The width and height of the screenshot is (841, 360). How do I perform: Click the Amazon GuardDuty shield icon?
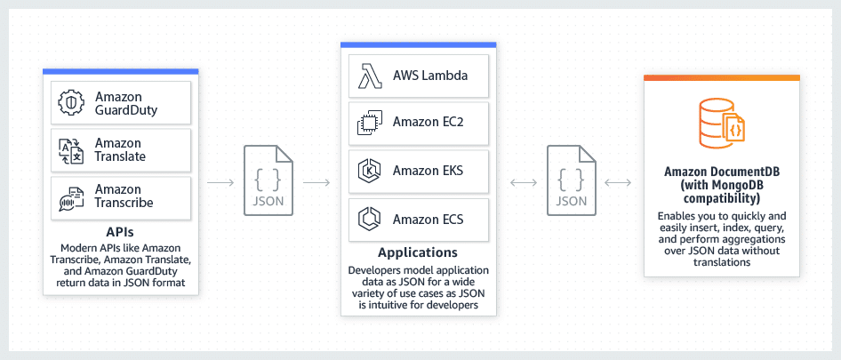(70, 102)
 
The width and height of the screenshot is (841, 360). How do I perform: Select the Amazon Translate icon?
(70, 149)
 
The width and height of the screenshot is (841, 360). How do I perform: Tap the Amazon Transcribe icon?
(70, 196)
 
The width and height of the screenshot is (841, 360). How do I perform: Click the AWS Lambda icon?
(368, 75)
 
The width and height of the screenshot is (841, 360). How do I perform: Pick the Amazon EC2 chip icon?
(368, 123)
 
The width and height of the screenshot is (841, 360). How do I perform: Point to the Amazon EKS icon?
(368, 171)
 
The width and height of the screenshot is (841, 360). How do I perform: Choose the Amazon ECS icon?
(368, 219)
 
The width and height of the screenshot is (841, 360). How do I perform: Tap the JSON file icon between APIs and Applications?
(268, 181)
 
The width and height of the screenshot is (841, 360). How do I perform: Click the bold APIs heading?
(120, 232)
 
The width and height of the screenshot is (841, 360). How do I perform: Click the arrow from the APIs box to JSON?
(220, 182)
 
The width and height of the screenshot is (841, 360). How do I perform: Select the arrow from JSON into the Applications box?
(316, 182)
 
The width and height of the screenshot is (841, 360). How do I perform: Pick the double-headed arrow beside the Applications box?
(524, 182)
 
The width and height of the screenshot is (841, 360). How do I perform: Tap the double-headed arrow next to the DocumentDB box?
(617, 182)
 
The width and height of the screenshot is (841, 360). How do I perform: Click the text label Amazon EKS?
(429, 171)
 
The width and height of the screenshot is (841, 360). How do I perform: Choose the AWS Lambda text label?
(430, 75)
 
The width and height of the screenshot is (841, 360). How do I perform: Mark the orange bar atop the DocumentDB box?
(720, 78)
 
